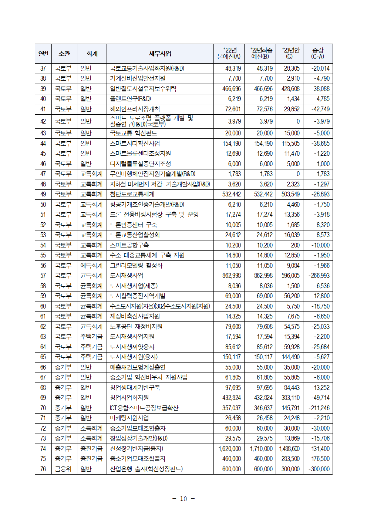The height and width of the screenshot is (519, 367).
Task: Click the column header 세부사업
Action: (160, 54)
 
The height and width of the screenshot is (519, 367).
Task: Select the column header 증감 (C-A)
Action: (317, 54)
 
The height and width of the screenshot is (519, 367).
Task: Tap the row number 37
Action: (43, 68)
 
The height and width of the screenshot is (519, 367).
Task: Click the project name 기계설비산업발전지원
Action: (138, 78)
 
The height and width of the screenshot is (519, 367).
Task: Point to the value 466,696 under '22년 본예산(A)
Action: (232, 89)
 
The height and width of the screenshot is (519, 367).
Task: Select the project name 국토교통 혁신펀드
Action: (134, 133)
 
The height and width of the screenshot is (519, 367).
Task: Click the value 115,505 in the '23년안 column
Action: (290, 144)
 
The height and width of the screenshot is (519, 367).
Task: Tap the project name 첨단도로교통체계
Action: (132, 194)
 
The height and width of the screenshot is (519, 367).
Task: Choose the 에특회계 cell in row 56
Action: (91, 266)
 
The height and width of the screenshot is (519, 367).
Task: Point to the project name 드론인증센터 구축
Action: (134, 225)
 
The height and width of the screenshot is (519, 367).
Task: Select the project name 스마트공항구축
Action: (129, 245)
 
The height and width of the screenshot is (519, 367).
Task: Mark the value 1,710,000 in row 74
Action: (261, 449)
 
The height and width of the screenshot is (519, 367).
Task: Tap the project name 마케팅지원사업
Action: (129, 418)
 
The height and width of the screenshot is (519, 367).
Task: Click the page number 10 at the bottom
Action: (183, 499)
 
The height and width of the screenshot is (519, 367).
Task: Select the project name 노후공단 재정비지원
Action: (136, 327)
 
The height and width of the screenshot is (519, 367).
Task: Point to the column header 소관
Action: (64, 54)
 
